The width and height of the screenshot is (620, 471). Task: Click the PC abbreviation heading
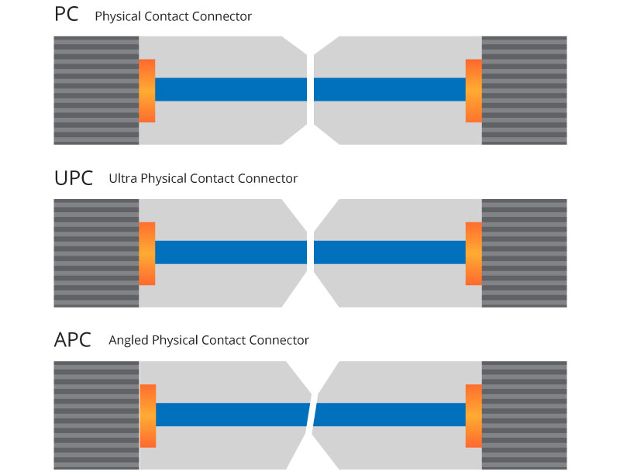point(67,15)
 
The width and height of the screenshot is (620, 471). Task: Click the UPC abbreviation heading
point(74,178)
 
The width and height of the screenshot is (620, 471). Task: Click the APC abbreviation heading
point(73,340)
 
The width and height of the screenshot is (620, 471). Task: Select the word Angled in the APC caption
point(129,341)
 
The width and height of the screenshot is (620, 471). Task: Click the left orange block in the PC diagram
point(147,90)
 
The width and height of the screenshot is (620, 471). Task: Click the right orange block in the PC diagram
point(474,90)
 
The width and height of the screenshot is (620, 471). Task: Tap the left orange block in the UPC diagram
point(147,253)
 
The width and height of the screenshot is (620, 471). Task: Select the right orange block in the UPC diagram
point(474,253)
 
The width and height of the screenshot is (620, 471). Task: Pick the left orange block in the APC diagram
point(148,415)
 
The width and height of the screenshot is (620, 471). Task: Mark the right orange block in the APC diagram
point(474,415)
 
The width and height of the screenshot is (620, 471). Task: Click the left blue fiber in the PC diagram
point(231,90)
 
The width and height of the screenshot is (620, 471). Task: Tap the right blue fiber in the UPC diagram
point(390,253)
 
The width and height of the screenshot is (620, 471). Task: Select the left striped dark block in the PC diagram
point(96,90)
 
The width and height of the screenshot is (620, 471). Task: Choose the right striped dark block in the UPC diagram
point(524,253)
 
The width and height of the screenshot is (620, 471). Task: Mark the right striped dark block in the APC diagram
point(524,415)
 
